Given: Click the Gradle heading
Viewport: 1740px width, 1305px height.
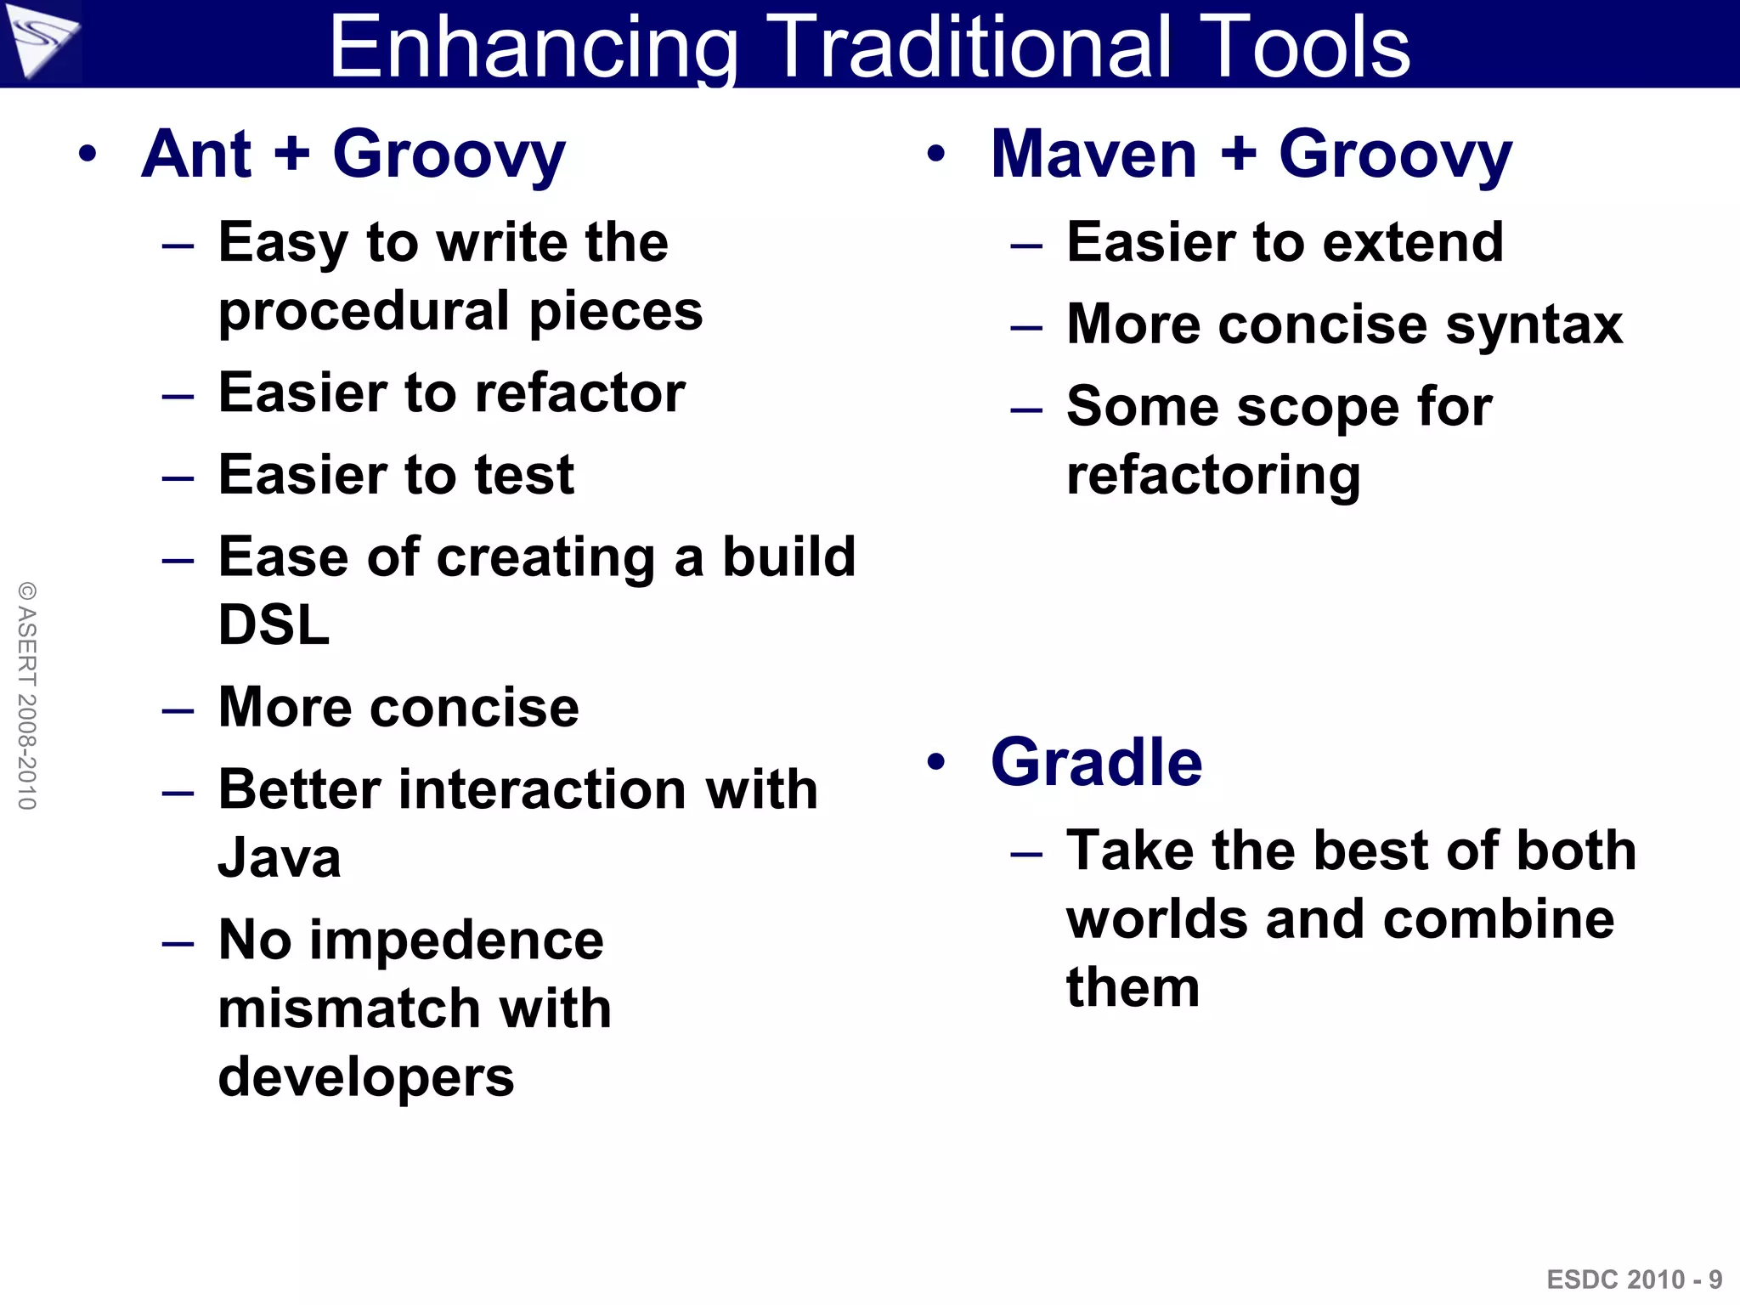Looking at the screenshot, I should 1096,762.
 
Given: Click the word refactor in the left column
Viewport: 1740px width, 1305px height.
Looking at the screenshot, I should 579,393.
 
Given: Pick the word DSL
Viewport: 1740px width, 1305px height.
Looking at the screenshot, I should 274,625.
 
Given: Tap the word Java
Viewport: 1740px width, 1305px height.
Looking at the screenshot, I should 280,858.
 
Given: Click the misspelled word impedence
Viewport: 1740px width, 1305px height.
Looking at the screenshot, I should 456,941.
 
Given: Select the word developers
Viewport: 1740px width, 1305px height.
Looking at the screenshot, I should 366,1077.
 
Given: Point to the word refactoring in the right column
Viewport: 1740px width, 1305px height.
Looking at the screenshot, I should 1213,476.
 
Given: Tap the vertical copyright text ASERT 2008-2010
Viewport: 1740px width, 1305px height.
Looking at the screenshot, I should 27,695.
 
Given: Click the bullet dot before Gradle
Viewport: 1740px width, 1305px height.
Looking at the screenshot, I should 935,762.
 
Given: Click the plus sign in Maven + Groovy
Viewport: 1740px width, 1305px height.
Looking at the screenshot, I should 1238,153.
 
